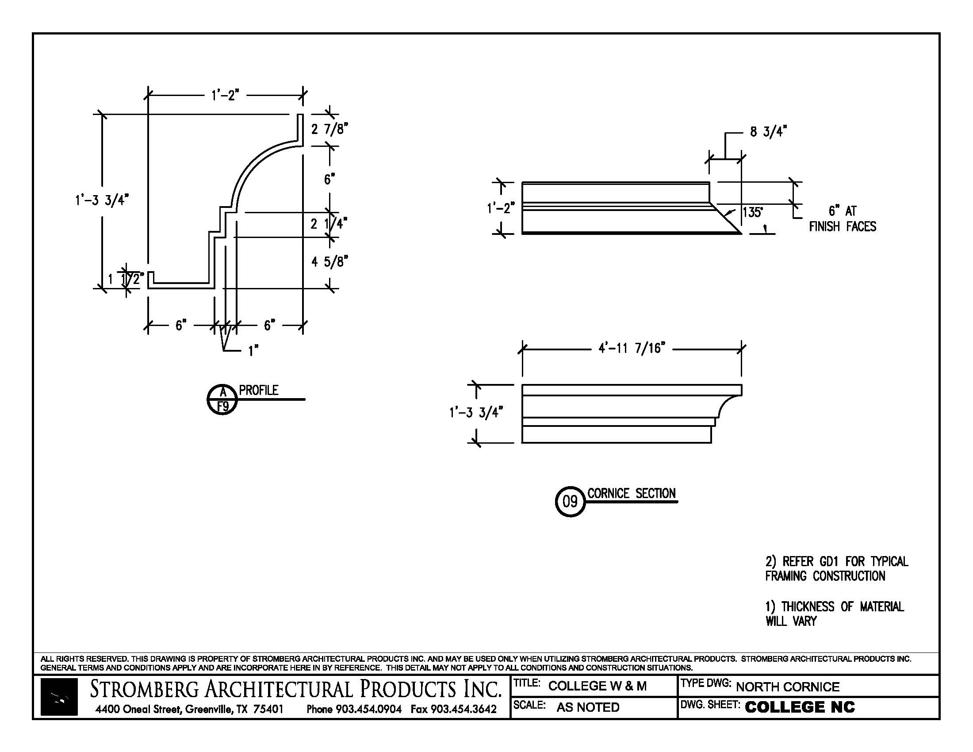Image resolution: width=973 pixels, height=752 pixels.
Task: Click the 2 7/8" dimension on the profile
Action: (x=329, y=129)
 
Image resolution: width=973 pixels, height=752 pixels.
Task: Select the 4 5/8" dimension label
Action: (x=329, y=261)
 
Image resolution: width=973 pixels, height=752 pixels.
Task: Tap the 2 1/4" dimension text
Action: (x=329, y=224)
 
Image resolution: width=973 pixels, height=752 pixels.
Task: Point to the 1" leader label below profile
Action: (x=253, y=351)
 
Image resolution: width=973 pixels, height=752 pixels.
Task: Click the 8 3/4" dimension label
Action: (x=768, y=132)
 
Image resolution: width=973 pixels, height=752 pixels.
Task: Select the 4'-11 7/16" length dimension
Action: (x=631, y=348)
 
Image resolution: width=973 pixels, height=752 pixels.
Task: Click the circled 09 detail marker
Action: (x=570, y=502)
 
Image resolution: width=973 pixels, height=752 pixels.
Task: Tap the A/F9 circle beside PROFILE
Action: (x=222, y=399)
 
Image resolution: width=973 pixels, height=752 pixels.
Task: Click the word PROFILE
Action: (x=258, y=390)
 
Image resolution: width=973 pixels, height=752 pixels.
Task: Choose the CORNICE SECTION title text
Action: (x=631, y=494)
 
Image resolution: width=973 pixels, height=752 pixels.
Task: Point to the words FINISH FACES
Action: (x=843, y=227)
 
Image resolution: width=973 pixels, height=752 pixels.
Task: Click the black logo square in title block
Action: (x=59, y=697)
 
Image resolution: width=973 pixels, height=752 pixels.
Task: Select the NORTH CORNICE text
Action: (x=787, y=687)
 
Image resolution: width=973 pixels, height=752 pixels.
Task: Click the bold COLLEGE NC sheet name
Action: (x=800, y=707)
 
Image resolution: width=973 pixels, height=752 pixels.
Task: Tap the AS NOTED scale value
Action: (x=588, y=707)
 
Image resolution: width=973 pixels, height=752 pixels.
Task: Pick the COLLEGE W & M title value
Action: (x=597, y=686)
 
